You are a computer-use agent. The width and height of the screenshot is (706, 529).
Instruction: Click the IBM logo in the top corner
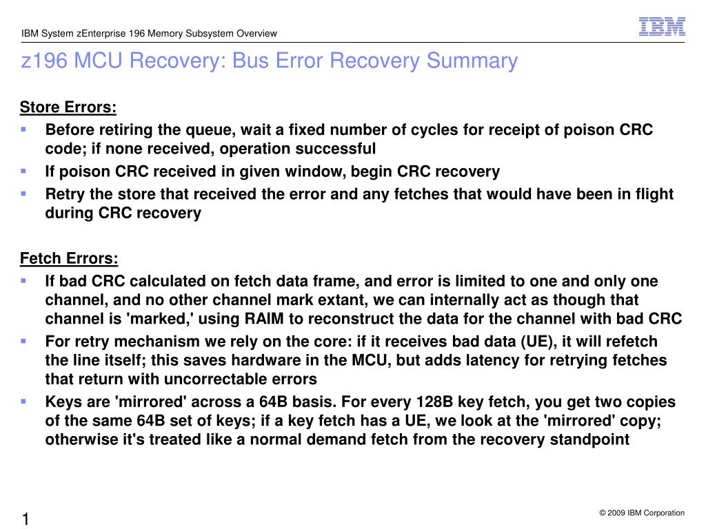pyautogui.click(x=662, y=26)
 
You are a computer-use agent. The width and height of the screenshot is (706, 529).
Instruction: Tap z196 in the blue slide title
pyautogui.click(x=44, y=61)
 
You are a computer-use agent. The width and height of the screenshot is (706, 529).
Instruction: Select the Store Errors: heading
pyautogui.click(x=68, y=107)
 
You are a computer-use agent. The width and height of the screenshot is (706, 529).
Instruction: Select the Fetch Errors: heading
pyautogui.click(x=69, y=259)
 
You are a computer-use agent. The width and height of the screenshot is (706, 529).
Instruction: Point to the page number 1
pyautogui.click(x=26, y=519)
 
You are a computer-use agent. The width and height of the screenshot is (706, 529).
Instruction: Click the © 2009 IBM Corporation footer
pyautogui.click(x=642, y=512)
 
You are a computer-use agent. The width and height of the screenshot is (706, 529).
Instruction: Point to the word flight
pyautogui.click(x=652, y=194)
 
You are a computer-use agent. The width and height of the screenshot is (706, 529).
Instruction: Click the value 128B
pyautogui.click(x=433, y=402)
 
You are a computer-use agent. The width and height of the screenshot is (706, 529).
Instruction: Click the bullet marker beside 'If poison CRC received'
pyautogui.click(x=23, y=170)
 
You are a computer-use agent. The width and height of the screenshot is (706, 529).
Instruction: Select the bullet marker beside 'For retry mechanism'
pyautogui.click(x=23, y=341)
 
